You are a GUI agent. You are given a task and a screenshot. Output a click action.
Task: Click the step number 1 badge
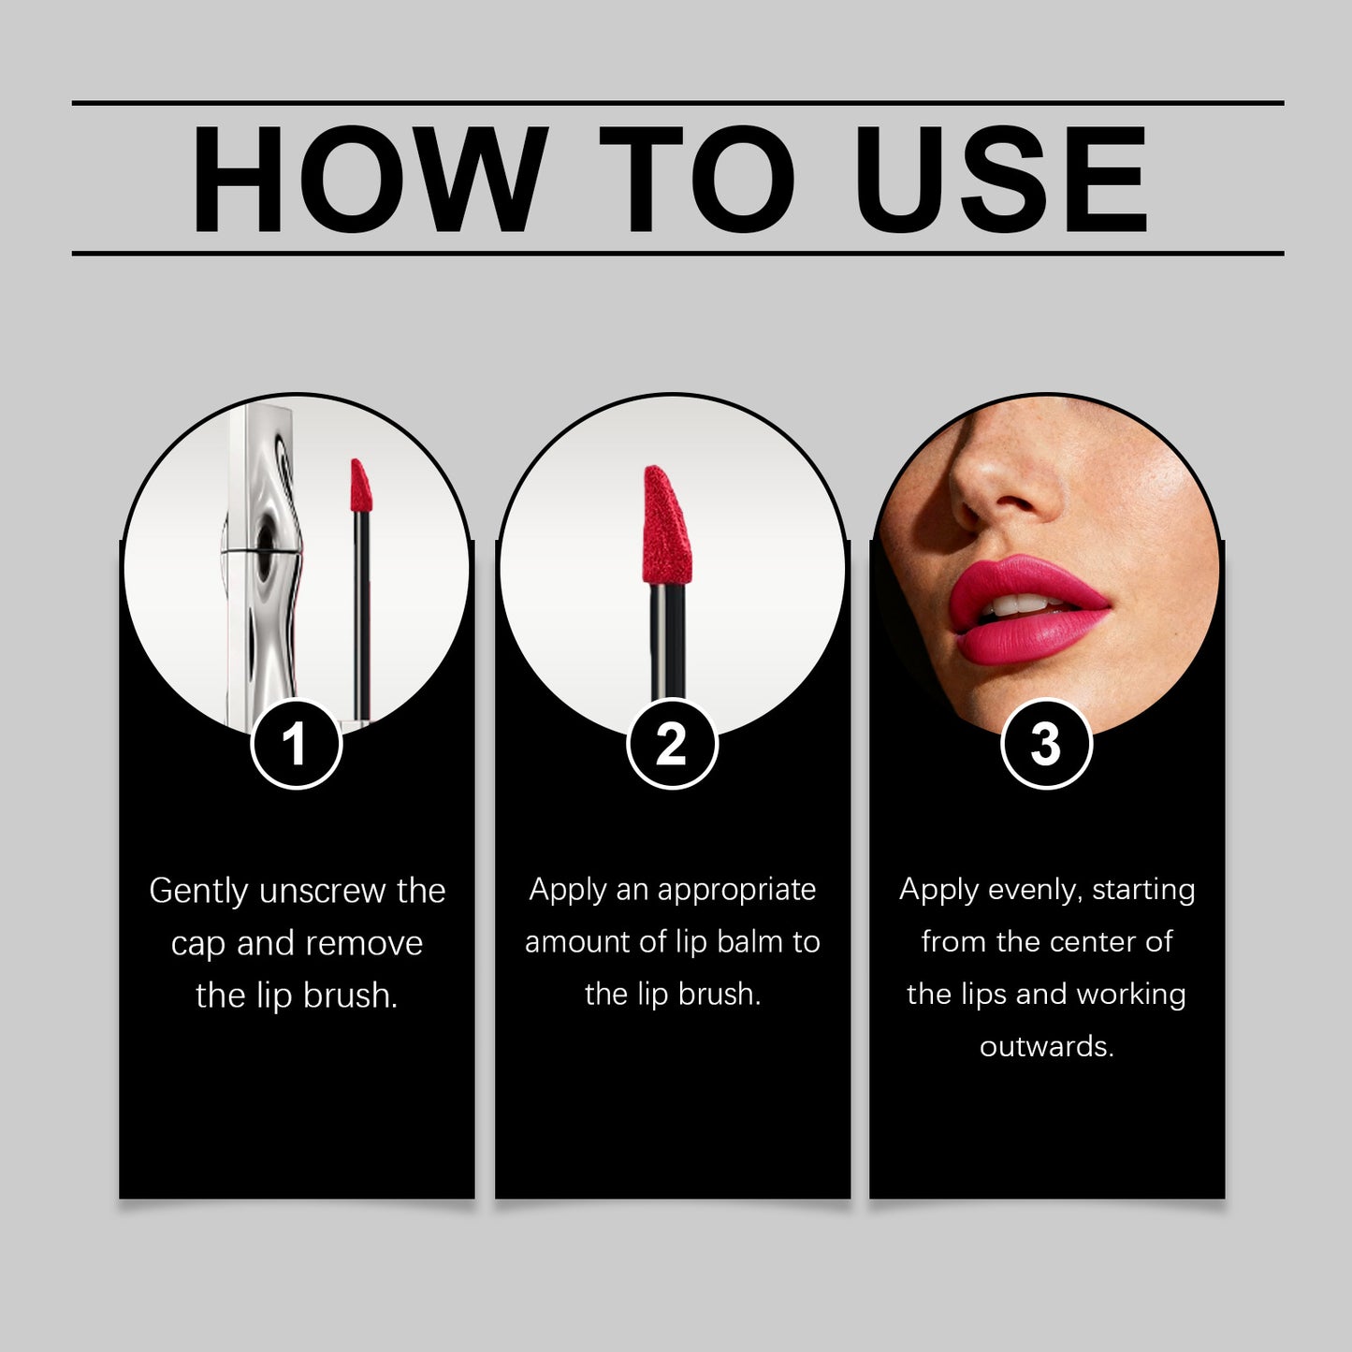pyautogui.click(x=296, y=745)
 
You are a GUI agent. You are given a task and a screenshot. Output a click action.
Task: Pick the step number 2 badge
pyautogui.click(x=672, y=745)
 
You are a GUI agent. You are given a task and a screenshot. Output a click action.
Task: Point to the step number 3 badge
pyautogui.click(x=1046, y=745)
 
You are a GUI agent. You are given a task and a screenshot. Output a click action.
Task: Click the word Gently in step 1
pyautogui.click(x=199, y=891)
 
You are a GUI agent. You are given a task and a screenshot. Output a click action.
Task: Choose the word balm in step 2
pyautogui.click(x=750, y=942)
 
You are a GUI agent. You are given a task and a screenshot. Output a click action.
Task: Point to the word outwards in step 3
pyautogui.click(x=1046, y=1046)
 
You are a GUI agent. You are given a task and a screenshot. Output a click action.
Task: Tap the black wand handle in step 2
pyautogui.click(x=667, y=646)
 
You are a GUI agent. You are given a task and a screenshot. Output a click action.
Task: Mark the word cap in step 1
pyautogui.click(x=197, y=944)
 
